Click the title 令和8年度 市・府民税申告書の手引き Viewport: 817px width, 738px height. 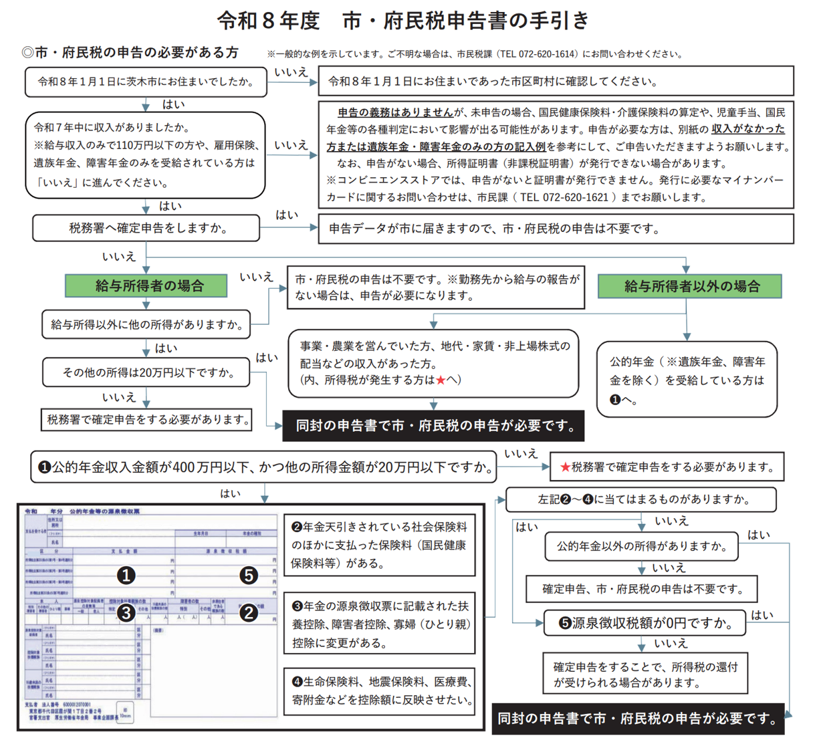402,21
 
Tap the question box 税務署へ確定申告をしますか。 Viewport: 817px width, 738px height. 146,228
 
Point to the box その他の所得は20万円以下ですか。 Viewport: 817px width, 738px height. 146,372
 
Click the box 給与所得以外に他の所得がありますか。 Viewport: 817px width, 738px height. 146,324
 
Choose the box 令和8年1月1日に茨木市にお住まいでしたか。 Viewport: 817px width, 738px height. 146,82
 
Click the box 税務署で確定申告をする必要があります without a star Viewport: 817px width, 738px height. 147,420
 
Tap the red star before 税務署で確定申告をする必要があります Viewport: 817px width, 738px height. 565,467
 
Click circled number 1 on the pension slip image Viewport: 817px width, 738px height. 126,575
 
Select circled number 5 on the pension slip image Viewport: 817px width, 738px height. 249,575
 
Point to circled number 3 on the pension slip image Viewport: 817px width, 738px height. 126,612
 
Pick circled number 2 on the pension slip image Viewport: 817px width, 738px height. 249,612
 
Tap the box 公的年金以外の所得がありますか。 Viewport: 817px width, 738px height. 641,547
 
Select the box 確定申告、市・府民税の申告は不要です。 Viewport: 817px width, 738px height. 641,589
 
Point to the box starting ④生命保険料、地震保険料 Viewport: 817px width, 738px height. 380,691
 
